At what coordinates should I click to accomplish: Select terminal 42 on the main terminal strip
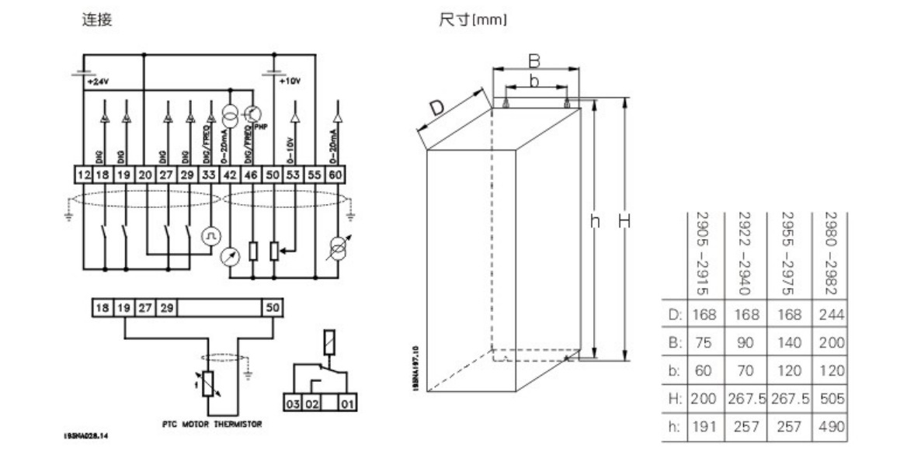click(231, 175)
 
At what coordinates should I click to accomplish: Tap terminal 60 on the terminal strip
click(335, 175)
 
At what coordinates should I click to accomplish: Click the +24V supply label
click(97, 81)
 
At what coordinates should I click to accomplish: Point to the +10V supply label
click(288, 81)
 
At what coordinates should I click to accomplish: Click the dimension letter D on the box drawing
click(438, 109)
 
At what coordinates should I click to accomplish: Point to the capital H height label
click(624, 222)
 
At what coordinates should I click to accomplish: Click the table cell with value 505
click(831, 398)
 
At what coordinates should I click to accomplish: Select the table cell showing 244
click(831, 314)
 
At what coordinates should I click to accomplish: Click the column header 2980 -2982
click(830, 253)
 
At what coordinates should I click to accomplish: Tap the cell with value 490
click(831, 426)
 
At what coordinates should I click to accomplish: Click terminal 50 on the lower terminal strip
click(270, 307)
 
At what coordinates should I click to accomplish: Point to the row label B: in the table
click(674, 342)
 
